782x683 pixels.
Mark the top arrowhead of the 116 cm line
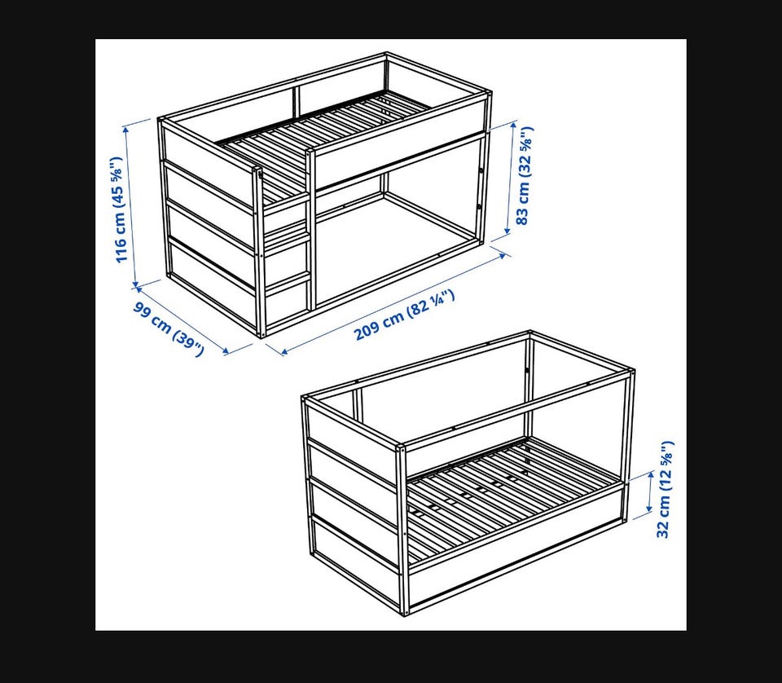click(127, 128)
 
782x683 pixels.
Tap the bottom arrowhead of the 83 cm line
click(507, 231)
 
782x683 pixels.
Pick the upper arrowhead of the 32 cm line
click(651, 474)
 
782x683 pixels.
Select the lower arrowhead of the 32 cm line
click(649, 509)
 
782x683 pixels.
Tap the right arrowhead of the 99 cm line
click(226, 351)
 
